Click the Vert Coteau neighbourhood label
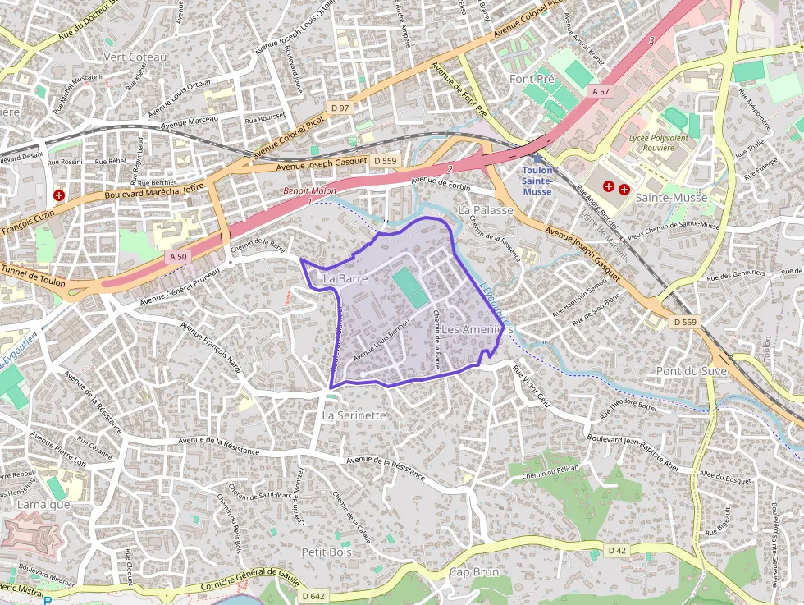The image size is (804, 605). tap(135, 57)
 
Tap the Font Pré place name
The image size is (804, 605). tap(532, 79)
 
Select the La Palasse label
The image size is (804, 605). tap(486, 210)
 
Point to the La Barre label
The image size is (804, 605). tap(344, 279)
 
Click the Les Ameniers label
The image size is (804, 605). tap(477, 329)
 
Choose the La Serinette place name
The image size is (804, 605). tap(354, 415)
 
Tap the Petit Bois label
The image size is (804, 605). tap(327, 552)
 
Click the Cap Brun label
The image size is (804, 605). tap(474, 571)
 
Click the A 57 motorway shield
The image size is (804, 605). tap(601, 92)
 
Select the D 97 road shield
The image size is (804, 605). tap(340, 108)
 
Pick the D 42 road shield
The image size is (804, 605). tap(617, 549)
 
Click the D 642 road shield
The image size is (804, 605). tap(313, 596)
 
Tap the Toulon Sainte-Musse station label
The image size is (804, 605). tap(537, 181)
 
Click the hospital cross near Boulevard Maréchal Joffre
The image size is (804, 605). tap(59, 195)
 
